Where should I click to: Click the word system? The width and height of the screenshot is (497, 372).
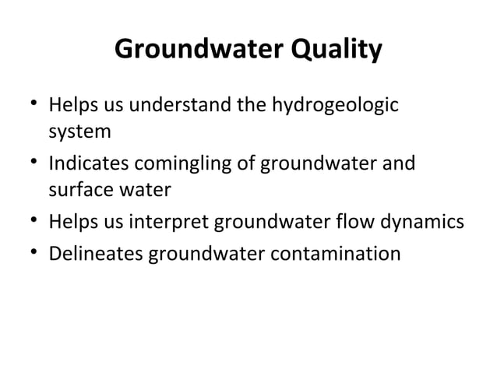79,132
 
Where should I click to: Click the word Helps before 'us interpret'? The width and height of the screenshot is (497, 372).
71,223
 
